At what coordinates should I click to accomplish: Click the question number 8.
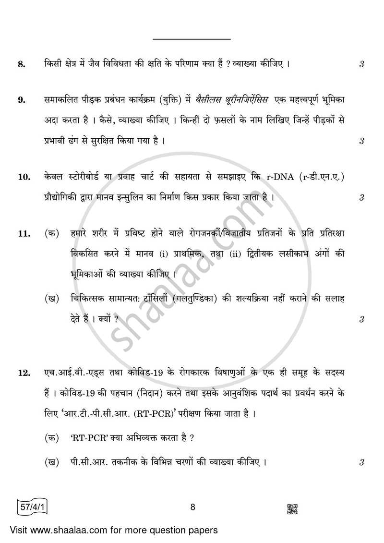(21, 64)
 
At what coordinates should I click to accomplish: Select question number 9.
(21, 100)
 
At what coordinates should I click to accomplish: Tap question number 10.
(23, 178)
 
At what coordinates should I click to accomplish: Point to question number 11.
(23, 234)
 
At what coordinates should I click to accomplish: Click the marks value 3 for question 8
(361, 64)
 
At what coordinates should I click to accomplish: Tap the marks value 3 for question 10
(361, 197)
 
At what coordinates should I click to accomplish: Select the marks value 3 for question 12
(361, 463)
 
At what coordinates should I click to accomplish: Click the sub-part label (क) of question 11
(52, 234)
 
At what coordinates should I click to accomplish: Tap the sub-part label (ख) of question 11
(52, 299)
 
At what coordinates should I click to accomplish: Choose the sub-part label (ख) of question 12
(52, 463)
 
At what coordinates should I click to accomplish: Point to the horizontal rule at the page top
(192, 39)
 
